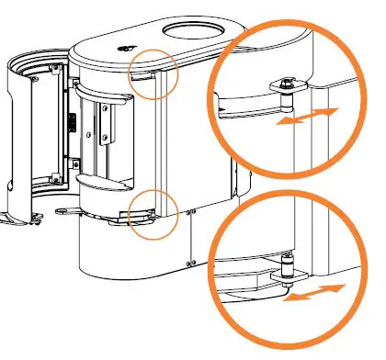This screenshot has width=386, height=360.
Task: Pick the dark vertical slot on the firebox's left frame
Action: pos(69,123)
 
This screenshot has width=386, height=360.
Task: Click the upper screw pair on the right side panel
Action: pos(189,210)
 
